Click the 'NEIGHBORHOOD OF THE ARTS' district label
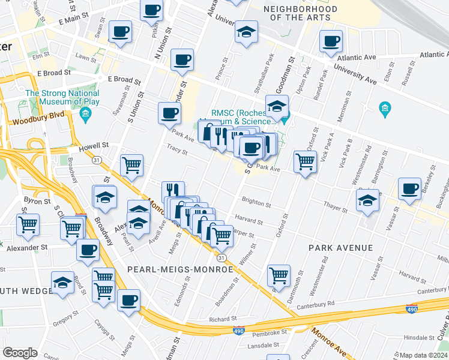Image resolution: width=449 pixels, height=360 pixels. [x=300, y=13]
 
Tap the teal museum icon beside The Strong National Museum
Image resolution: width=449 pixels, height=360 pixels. [x=85, y=114]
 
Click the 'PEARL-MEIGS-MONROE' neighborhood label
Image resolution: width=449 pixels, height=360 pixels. [x=179, y=269]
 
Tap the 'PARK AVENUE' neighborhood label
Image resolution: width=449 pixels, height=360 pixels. [x=340, y=247]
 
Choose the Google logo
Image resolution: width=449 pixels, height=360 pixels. [x=20, y=353]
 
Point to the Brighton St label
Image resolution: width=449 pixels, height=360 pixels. [x=256, y=202]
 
